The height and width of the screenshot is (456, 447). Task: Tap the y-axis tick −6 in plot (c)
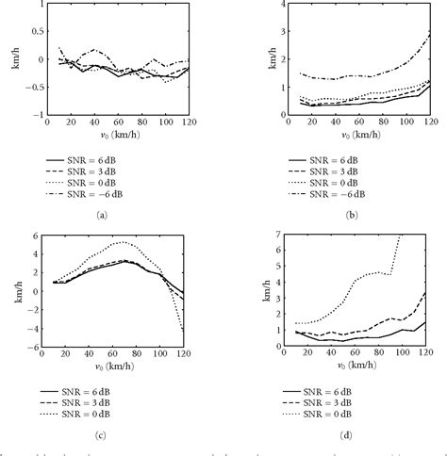[x=37, y=347]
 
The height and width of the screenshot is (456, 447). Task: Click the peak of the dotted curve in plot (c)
[x=119, y=243]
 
